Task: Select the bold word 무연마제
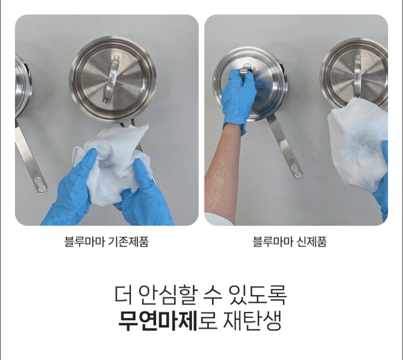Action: [x=158, y=321]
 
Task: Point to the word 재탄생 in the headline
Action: [x=252, y=321]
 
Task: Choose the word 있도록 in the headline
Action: [x=258, y=294]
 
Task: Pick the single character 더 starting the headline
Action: [x=123, y=294]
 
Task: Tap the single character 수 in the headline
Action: [x=213, y=294]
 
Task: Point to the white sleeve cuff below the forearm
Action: [x=218, y=219]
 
